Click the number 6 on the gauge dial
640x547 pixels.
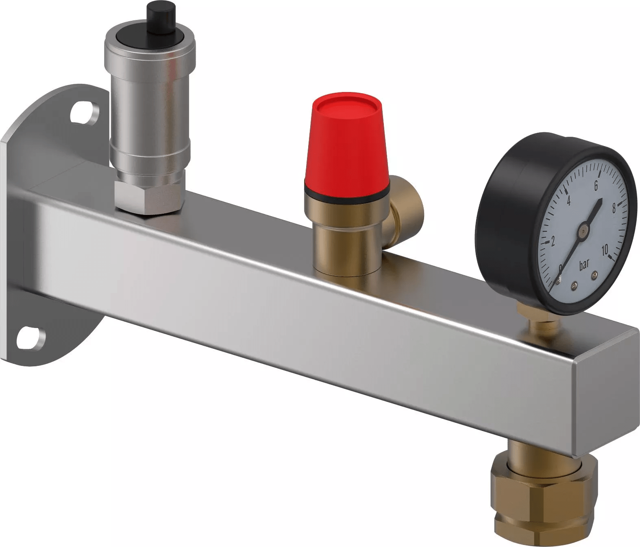point(595,185)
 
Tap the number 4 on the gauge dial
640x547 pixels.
point(568,201)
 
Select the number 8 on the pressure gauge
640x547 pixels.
point(614,208)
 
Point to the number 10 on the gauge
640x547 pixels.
point(605,250)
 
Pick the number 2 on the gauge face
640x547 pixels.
point(553,242)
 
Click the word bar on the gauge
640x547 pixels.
point(584,265)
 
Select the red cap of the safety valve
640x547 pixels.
point(346,142)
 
